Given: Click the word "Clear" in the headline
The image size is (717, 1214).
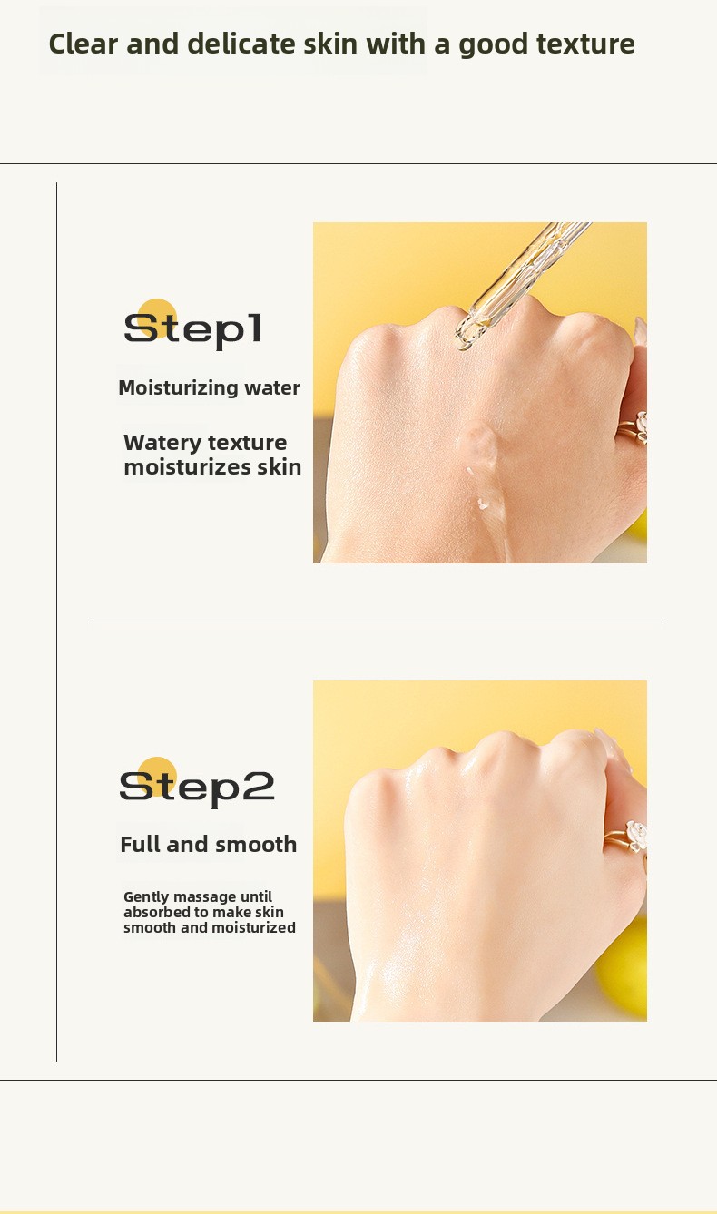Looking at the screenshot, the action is coord(83,44).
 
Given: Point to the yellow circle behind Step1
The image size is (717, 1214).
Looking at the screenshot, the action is coord(157,318).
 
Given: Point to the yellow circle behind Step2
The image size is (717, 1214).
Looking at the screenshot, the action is coord(157,777).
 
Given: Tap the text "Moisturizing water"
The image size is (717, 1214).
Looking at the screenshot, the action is coord(209,388).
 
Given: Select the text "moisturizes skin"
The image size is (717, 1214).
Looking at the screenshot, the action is coord(212,467).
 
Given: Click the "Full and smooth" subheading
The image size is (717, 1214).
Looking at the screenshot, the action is coord(208,845).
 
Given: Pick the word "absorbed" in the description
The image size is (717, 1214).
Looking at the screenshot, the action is coord(151,913).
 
